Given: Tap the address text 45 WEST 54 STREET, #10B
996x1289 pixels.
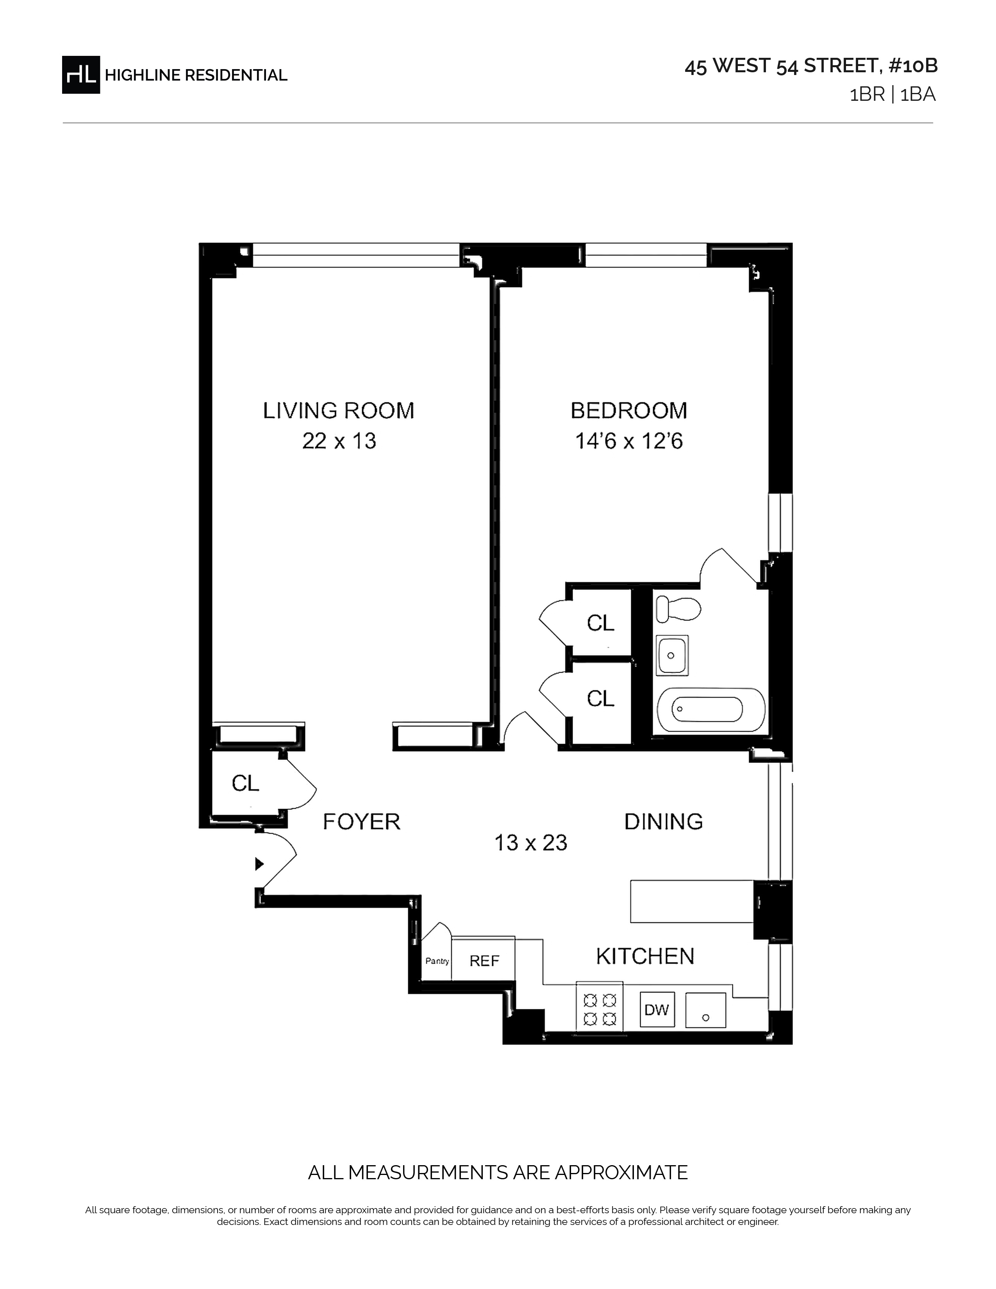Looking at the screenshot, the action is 811,66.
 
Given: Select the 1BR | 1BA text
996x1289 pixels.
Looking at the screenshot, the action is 892,95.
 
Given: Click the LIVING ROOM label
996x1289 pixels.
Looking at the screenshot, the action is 339,411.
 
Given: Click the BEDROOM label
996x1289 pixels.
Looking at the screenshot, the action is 629,411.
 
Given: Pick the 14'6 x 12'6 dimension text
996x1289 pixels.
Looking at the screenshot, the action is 629,441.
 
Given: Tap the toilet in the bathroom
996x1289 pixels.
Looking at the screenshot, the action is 678,609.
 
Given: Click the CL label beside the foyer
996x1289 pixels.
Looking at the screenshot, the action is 245,783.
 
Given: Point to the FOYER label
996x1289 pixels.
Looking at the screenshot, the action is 362,821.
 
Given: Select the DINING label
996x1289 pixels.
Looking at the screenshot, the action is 664,821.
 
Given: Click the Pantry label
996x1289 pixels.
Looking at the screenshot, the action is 437,961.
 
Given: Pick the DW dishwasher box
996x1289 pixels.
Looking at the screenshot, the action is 657,1010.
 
